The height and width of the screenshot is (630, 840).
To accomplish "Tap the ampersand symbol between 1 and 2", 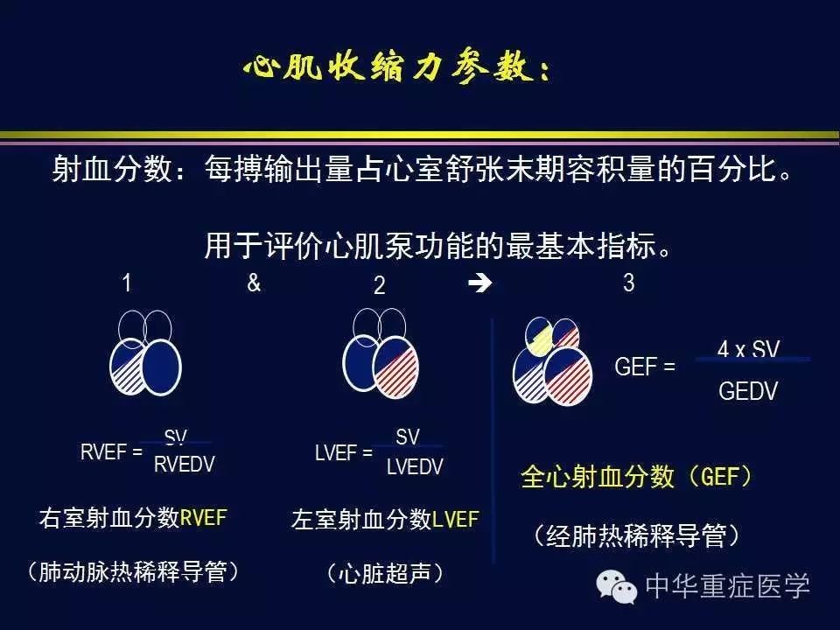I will point(254,283).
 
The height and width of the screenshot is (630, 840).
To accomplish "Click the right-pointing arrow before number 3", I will point(479,283).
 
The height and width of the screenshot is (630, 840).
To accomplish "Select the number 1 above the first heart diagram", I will point(127,283).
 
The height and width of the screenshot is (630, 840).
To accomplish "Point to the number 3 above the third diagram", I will point(628,283).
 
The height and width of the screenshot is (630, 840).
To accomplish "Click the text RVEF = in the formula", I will point(111,452).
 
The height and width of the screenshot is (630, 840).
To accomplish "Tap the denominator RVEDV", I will point(184,465).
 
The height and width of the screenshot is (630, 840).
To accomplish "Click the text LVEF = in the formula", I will point(344,452).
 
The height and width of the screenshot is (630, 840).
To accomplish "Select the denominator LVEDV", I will point(415,466).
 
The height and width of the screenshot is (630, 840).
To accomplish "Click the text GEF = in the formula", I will point(645,367).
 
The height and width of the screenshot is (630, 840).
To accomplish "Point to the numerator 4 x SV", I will point(748,349).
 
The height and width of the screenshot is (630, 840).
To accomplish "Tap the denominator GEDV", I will point(748,391).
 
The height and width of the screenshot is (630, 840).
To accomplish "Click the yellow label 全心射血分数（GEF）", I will point(636,477).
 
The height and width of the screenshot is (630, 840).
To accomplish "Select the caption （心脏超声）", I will point(385,574).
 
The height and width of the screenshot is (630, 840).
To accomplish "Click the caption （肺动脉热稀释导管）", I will point(133,572).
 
